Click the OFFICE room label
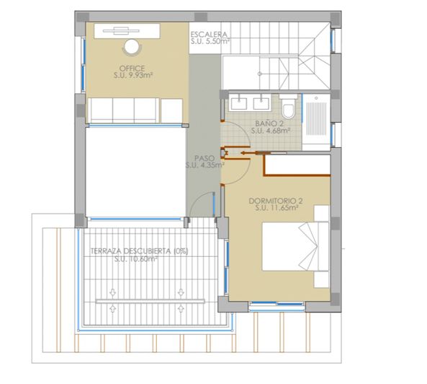pos(132,69)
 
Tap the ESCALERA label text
pos(209,35)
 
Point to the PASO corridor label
pos(204,158)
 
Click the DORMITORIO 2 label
pos(276,201)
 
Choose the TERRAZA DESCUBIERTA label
pos(139,251)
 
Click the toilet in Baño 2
pos(288,107)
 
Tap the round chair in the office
pos(132,47)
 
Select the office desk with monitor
pos(127,31)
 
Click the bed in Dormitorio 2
pos(295,246)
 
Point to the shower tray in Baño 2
pos(316,122)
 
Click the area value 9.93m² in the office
pos(139,75)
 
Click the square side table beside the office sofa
pos(171,111)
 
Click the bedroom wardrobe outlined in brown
pos(297,165)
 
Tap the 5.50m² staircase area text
pos(216,42)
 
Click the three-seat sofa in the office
pos(124,110)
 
